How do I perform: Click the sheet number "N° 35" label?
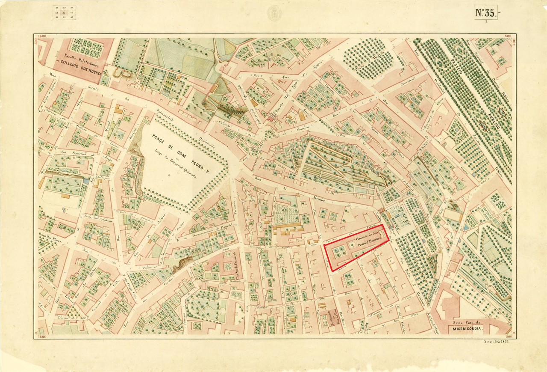click(485, 13)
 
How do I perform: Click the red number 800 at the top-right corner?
click(508, 36)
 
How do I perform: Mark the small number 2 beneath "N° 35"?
click(486, 21)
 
